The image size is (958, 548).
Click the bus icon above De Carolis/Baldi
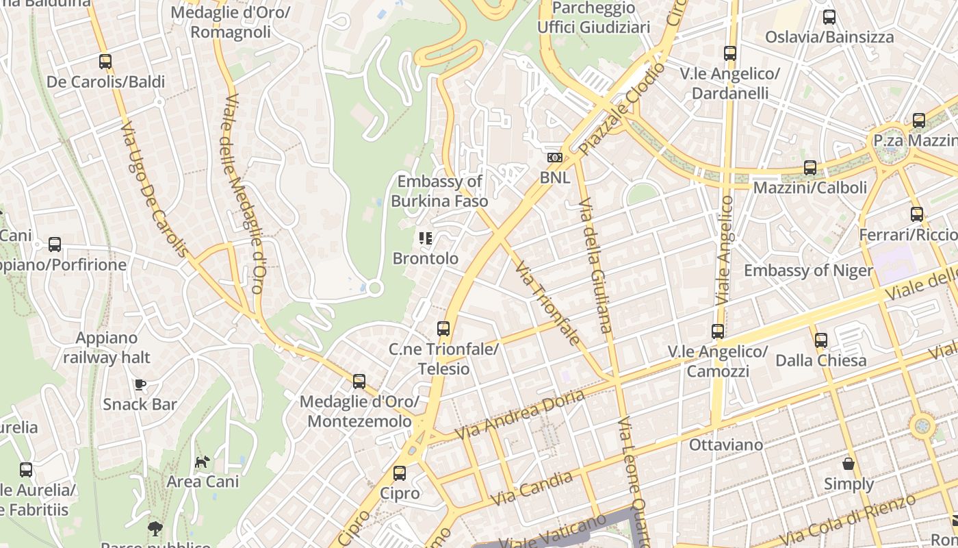[105, 62]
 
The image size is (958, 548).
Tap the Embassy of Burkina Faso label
[440, 191]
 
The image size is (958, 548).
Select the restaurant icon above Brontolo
[426, 238]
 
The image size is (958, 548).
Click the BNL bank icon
[554, 158]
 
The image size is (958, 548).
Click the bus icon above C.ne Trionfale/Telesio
[443, 329]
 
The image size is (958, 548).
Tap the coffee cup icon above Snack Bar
[140, 384]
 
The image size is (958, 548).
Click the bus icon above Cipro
[400, 473]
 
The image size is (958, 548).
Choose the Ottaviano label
[725, 445]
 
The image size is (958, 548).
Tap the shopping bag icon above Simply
[849, 464]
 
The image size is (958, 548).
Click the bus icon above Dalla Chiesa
[820, 340]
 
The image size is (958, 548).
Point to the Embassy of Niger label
[808, 270]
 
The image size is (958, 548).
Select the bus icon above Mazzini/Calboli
[810, 167]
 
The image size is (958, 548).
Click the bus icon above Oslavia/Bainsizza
[829, 17]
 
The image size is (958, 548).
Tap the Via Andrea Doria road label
[520, 415]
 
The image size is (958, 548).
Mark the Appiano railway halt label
[107, 347]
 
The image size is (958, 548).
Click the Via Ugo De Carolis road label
[154, 190]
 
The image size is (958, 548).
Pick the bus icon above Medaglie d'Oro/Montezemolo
[359, 382]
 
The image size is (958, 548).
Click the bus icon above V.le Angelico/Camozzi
[718, 332]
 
